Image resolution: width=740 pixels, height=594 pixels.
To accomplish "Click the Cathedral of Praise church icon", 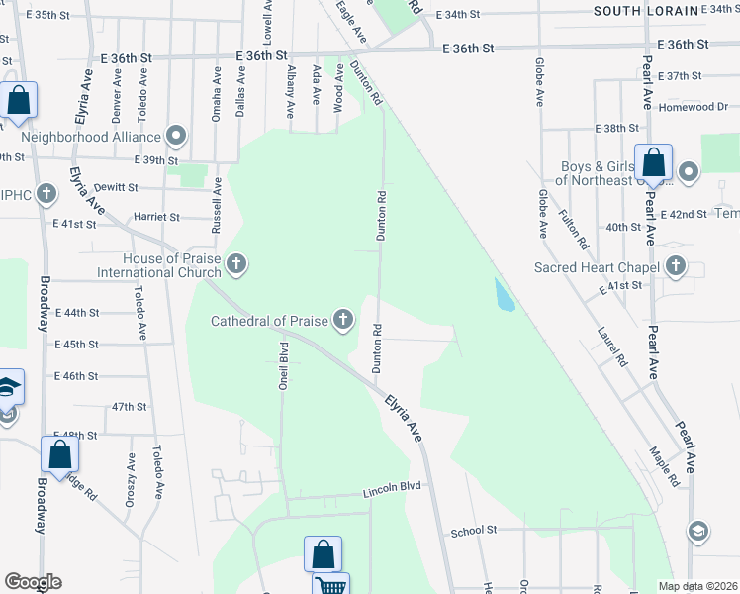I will (x=342, y=318).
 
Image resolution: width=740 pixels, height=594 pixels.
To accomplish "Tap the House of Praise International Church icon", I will (x=235, y=263).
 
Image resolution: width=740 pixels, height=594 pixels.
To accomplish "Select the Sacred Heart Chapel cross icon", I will (x=675, y=264).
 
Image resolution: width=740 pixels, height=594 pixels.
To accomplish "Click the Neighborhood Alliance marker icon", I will (x=177, y=134).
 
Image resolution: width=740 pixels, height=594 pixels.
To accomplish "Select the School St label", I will (x=473, y=531).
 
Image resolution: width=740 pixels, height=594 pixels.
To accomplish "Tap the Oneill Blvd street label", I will (x=283, y=366).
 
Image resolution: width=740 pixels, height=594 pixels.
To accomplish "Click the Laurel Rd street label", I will (x=612, y=347).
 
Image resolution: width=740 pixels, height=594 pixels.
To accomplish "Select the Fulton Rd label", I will (x=573, y=229).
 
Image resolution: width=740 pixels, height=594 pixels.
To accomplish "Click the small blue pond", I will (x=506, y=294).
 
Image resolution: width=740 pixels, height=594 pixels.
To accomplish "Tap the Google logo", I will (x=33, y=582).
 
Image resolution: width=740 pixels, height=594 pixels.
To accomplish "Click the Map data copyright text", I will (x=698, y=586).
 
